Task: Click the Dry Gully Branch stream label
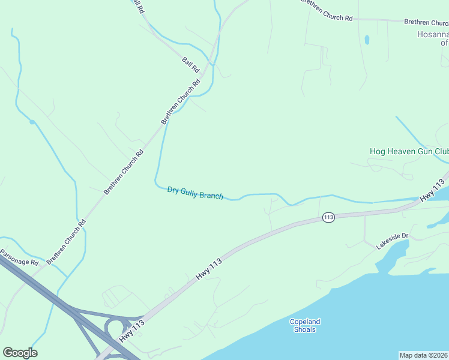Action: [195, 193]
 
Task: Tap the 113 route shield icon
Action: [328, 217]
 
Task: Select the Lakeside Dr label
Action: [392, 241]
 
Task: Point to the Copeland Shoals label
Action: [305, 325]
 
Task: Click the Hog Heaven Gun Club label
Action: [408, 152]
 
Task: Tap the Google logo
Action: [20, 353]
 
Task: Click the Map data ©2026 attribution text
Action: [424, 355]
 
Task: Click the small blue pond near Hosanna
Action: [366, 40]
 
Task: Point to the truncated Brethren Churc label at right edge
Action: [426, 22]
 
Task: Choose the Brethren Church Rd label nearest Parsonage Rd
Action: [67, 241]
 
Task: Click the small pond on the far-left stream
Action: [32, 122]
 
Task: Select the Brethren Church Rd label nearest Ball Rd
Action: [181, 101]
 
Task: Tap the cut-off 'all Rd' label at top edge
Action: [137, 7]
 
